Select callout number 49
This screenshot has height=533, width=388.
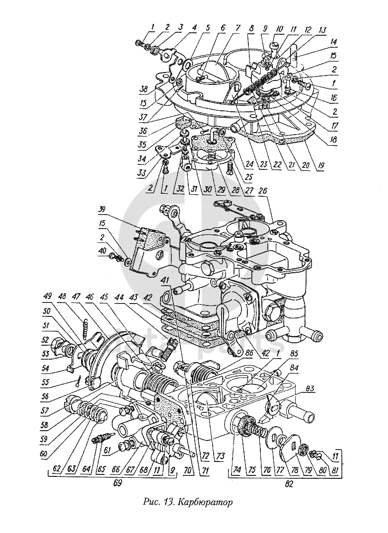(48, 297)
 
